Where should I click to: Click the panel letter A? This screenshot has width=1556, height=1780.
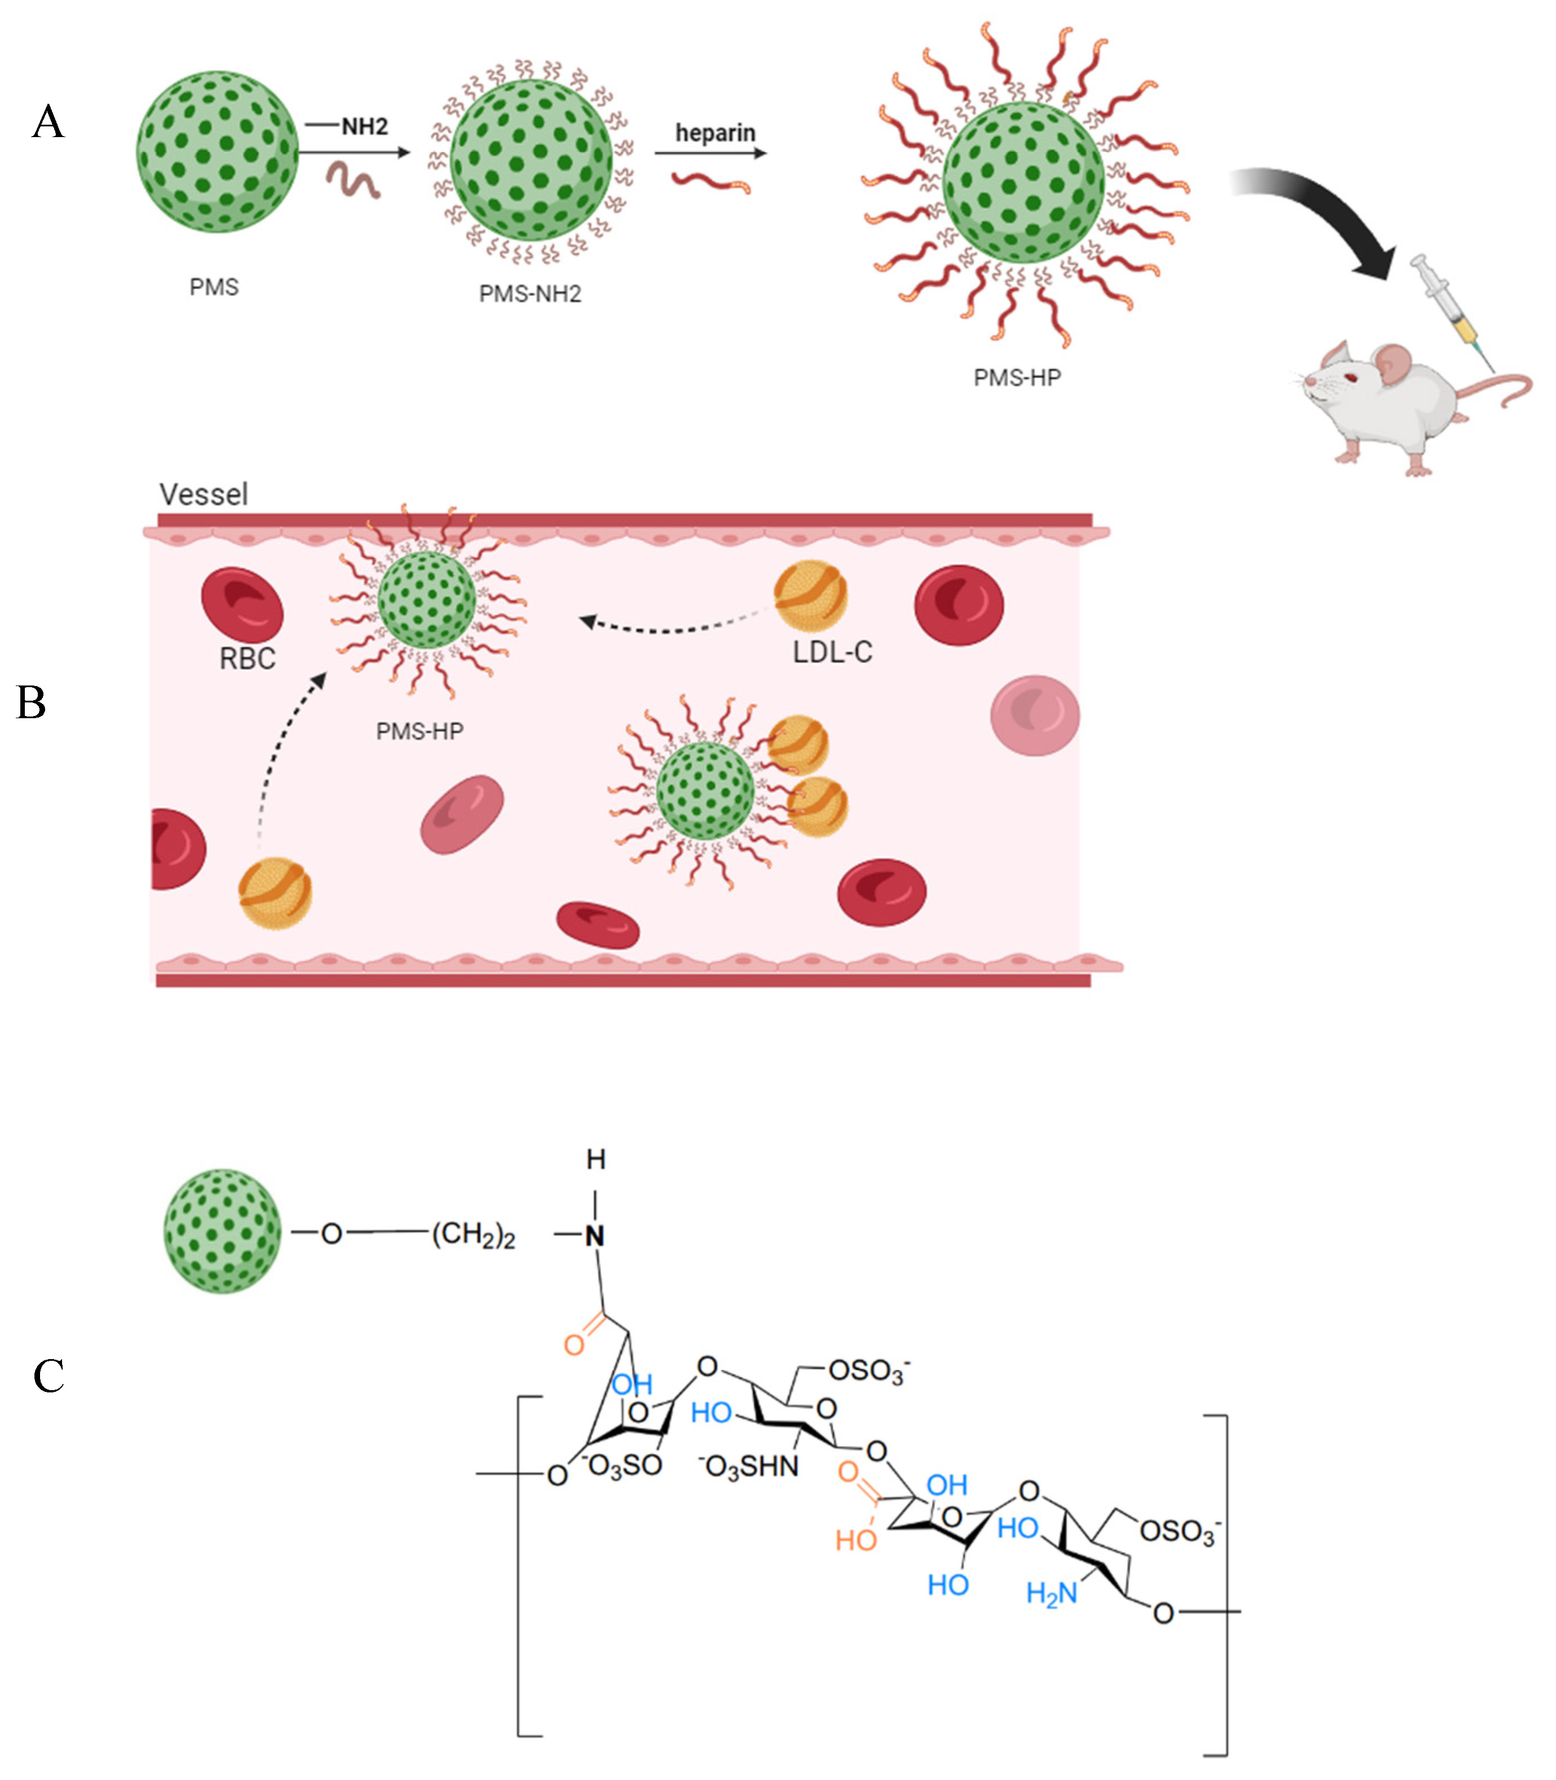point(49,121)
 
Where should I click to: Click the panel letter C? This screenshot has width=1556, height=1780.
point(49,1376)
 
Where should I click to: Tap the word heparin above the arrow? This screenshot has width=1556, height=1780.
point(715,133)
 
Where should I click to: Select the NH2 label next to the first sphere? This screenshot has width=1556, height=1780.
point(364,127)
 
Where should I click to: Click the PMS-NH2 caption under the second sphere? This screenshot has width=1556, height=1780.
point(530,293)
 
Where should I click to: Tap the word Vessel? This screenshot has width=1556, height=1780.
point(203,494)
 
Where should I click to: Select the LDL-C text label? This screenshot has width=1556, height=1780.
point(832,651)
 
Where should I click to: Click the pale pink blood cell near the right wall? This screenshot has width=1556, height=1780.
point(1035,715)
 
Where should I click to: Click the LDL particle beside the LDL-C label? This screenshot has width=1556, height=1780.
point(810,595)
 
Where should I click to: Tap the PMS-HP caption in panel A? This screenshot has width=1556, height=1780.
point(1017,377)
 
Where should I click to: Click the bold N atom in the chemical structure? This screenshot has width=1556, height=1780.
point(594,1237)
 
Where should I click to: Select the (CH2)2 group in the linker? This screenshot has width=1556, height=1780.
point(473,1234)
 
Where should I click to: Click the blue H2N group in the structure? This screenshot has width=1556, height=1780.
point(1050,1593)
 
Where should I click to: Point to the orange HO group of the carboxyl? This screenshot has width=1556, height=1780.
point(855,1540)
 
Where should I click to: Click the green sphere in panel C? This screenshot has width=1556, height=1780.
point(222,1230)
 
